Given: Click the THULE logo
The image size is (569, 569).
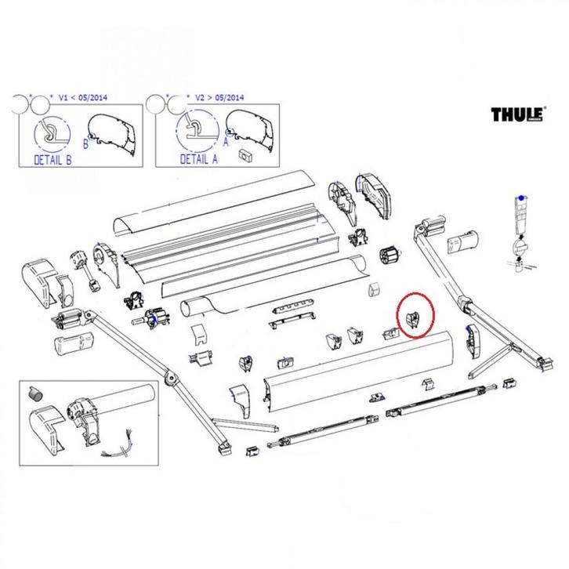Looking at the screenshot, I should click(x=517, y=115).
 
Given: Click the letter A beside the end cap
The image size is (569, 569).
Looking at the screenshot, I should click(x=226, y=142).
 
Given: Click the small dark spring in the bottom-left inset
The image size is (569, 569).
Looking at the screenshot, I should click(x=34, y=393).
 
